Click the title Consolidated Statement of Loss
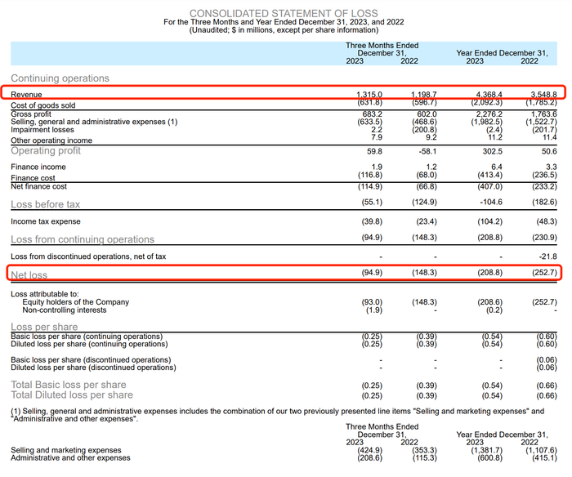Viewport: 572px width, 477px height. tap(284, 13)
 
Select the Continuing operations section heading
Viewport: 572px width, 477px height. tap(60, 78)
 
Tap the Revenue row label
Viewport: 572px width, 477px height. tap(27, 96)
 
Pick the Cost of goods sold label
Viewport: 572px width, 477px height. tap(43, 105)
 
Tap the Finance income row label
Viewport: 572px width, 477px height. tap(38, 167)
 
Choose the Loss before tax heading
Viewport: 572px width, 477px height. tap(46, 204)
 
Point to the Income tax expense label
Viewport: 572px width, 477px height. tap(46, 222)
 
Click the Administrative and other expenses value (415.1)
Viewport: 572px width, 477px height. tap(542, 458)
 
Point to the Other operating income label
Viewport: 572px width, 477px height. tap(51, 140)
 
